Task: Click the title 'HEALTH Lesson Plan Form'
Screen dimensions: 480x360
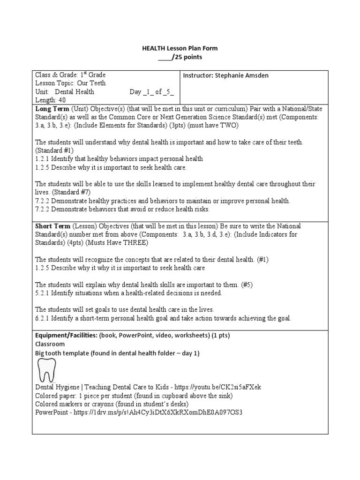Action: [180, 48]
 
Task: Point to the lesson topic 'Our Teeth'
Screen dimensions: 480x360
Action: [91, 83]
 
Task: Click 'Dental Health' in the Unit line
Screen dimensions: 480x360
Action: [75, 92]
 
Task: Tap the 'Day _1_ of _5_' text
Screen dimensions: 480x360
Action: [151, 92]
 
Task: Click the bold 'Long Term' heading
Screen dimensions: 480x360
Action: [52, 109]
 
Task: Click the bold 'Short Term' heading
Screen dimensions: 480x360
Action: [53, 226]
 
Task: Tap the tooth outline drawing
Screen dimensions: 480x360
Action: [47, 370]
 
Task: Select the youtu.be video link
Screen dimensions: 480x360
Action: [225, 387]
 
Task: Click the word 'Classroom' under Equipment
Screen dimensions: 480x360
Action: [50, 344]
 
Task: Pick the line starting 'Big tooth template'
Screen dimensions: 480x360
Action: [117, 353]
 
